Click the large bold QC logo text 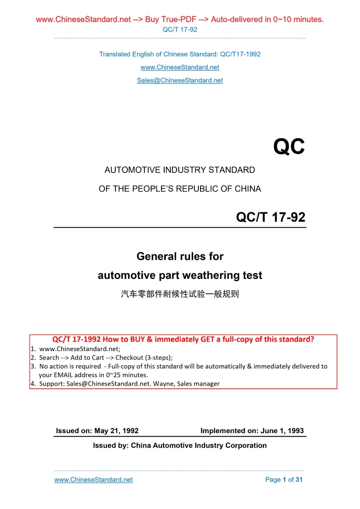289,148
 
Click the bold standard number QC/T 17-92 271,218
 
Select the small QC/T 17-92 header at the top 180,30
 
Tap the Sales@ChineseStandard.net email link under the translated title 180,81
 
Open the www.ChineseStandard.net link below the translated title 180,68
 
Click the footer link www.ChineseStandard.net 94,480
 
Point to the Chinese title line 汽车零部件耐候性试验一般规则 180,294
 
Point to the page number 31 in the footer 299,480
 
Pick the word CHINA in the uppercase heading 248,189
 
